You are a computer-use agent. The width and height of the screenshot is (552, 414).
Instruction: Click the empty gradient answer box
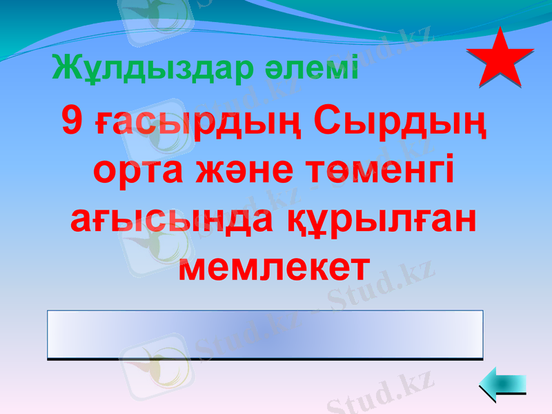click(x=265, y=334)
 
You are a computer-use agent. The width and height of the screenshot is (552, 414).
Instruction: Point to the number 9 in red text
click(x=72, y=122)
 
